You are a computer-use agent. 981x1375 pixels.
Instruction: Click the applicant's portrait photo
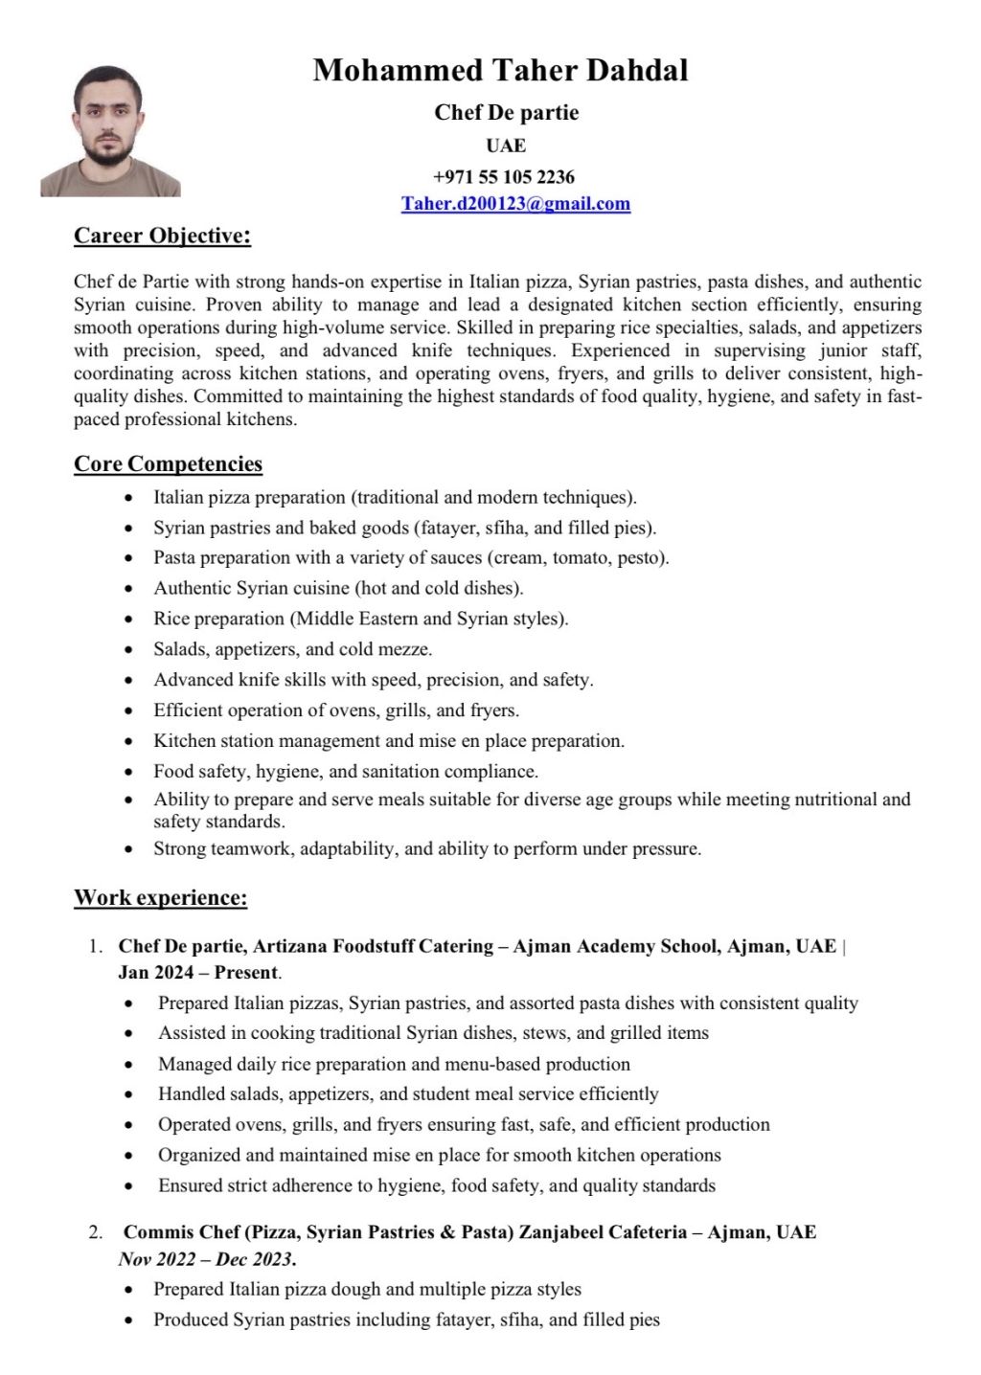pyautogui.click(x=110, y=131)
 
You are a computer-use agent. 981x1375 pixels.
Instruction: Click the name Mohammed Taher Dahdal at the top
pyautogui.click(x=500, y=70)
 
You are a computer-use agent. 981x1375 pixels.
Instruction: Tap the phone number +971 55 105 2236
pyautogui.click(x=504, y=176)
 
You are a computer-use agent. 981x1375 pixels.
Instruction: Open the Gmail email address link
pyautogui.click(x=515, y=203)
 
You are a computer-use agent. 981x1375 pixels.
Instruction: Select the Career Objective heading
pyautogui.click(x=162, y=236)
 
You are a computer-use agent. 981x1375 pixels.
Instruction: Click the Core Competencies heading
pyautogui.click(x=168, y=464)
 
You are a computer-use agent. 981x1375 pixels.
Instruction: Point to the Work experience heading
pyautogui.click(x=160, y=898)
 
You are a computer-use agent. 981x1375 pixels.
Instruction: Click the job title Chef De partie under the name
pyautogui.click(x=506, y=113)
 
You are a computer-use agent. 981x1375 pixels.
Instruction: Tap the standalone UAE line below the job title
pyautogui.click(x=506, y=146)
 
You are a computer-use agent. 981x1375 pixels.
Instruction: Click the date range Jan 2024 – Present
pyautogui.click(x=198, y=973)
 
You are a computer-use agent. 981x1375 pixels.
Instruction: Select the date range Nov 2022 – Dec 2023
pyautogui.click(x=207, y=1258)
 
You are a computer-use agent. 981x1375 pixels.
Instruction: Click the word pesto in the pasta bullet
pyautogui.click(x=640, y=558)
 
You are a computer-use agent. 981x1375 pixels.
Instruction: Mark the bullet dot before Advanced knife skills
pyautogui.click(x=129, y=681)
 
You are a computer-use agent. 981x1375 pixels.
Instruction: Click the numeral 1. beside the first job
pyautogui.click(x=96, y=947)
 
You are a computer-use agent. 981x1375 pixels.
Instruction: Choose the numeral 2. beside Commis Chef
pyautogui.click(x=96, y=1232)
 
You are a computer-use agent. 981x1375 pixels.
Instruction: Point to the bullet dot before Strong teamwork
pyautogui.click(x=129, y=849)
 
